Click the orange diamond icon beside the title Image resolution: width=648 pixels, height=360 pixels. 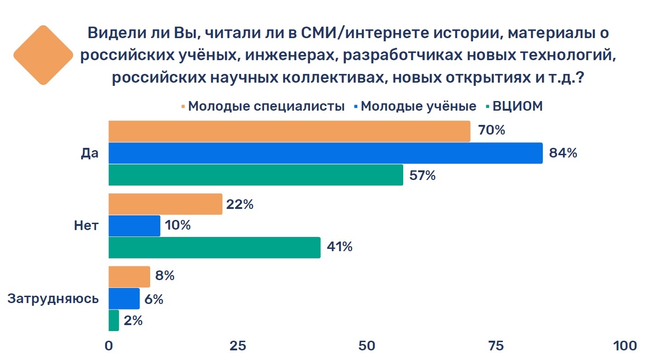pyautogui.click(x=43, y=55)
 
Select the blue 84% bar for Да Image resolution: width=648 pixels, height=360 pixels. pyautogui.click(x=326, y=153)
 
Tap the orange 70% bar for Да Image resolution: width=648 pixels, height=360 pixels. pyautogui.click(x=290, y=131)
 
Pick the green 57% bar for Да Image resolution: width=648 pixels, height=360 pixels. pyautogui.click(x=256, y=175)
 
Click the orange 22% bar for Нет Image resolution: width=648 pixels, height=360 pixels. pyautogui.click(x=165, y=204)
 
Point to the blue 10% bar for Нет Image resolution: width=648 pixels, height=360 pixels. pyautogui.click(x=135, y=226)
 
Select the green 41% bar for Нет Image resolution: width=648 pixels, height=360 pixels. pyautogui.click(x=214, y=247)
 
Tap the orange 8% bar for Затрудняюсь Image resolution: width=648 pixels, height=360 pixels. pyautogui.click(x=130, y=277)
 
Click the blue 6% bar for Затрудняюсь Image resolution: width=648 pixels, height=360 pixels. pyautogui.click(x=124, y=298)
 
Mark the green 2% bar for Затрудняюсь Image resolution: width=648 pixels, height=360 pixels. pyautogui.click(x=114, y=321)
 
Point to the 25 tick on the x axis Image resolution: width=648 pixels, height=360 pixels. pyautogui.click(x=238, y=346)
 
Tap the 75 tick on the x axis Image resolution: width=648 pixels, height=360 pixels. pyautogui.click(x=496, y=346)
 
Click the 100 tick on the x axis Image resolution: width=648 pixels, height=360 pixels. pyautogui.click(x=625, y=346)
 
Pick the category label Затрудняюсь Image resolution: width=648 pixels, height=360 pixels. pyautogui.click(x=53, y=298)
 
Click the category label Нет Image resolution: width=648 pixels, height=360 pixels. pyautogui.click(x=86, y=225)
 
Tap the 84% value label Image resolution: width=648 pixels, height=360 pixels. pyautogui.click(x=563, y=153)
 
